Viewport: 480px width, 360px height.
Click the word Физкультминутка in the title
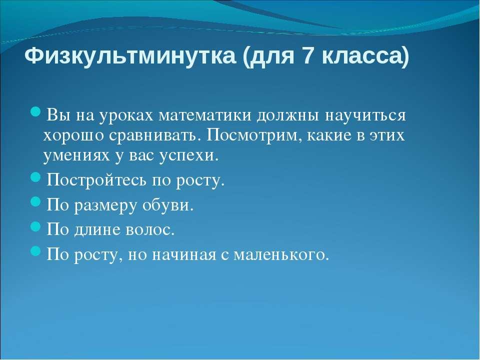tap(130, 56)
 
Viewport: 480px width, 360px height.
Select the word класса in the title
tap(365, 56)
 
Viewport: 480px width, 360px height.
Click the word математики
tap(205, 115)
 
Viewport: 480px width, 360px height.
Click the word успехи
tap(189, 156)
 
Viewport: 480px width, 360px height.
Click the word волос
tap(150, 229)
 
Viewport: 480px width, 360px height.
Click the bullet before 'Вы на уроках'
tap(36, 111)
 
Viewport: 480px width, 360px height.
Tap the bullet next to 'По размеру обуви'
tap(36, 201)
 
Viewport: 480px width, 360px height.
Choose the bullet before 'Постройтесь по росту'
tap(36, 177)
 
